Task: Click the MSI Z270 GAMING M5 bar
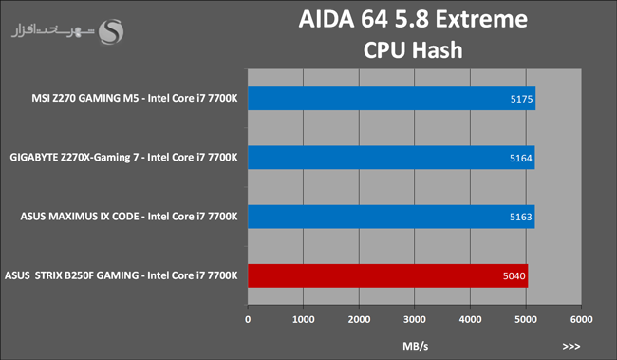391,99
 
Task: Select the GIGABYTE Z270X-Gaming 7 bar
391,158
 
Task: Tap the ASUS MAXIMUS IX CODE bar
391,217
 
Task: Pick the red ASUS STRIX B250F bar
388,275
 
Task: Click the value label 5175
521,99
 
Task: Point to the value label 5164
520,158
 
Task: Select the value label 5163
520,217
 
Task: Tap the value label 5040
514,275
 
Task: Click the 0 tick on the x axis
248,319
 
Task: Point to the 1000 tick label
303,319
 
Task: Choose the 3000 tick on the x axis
415,319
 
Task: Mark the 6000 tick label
581,319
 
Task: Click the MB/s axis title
415,346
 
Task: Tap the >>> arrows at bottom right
570,346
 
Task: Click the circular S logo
110,31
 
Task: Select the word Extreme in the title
481,19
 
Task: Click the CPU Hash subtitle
413,50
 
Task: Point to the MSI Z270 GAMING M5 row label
135,98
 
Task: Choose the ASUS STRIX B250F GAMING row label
122,275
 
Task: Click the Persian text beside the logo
53,30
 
